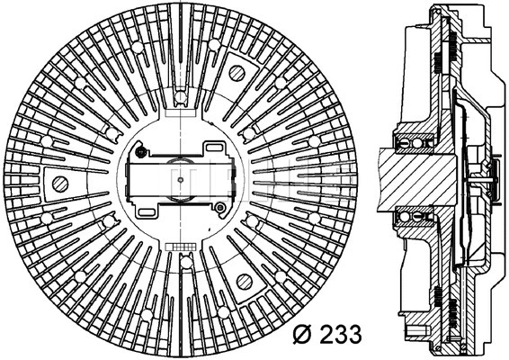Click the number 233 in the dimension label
336,335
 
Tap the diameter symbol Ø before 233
302,335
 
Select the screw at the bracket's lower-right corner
219,209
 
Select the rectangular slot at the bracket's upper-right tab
215,148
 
